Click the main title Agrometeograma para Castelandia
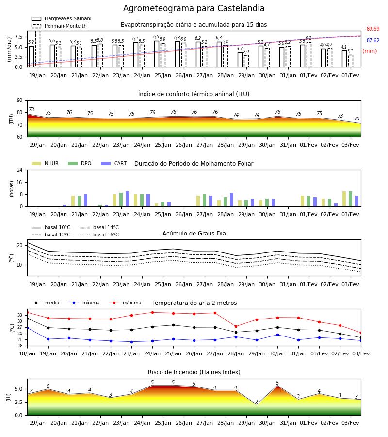pos(194,8)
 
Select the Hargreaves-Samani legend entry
pos(61,18)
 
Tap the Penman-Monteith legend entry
pos(59,26)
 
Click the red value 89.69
pos(373,29)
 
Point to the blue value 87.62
pos(373,40)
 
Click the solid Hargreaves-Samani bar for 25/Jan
pos(157,54)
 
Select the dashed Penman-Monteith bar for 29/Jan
pos(246,61)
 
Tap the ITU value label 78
pos(32,110)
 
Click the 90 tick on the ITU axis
pos(20,101)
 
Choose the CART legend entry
pos(114,163)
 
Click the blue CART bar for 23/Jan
pos(127,199)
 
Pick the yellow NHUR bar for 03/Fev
pos(344,199)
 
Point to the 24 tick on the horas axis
pos(20,170)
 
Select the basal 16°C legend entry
pos(99,235)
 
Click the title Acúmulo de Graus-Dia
pos(194,233)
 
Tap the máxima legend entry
pos(125,303)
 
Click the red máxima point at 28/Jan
pos(236,326)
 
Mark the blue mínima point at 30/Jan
pos(278,335)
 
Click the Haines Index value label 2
pos(257,402)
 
